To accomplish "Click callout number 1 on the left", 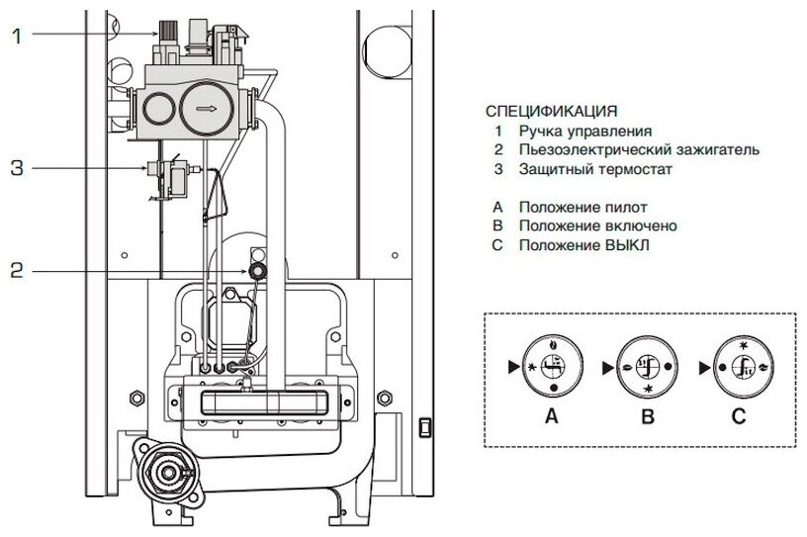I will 16,36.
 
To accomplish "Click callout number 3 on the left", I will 16,168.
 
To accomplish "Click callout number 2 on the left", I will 16,268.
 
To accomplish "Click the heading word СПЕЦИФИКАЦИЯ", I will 551,110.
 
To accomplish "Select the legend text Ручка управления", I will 587,130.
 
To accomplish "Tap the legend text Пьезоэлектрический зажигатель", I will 639,149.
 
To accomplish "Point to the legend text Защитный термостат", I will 592,169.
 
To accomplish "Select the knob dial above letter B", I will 647,366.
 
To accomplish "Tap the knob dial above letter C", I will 742,366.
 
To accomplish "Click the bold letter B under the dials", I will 647,417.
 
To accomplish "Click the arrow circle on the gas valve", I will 205,107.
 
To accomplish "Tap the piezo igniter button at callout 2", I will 256,269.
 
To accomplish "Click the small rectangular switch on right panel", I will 425,429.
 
